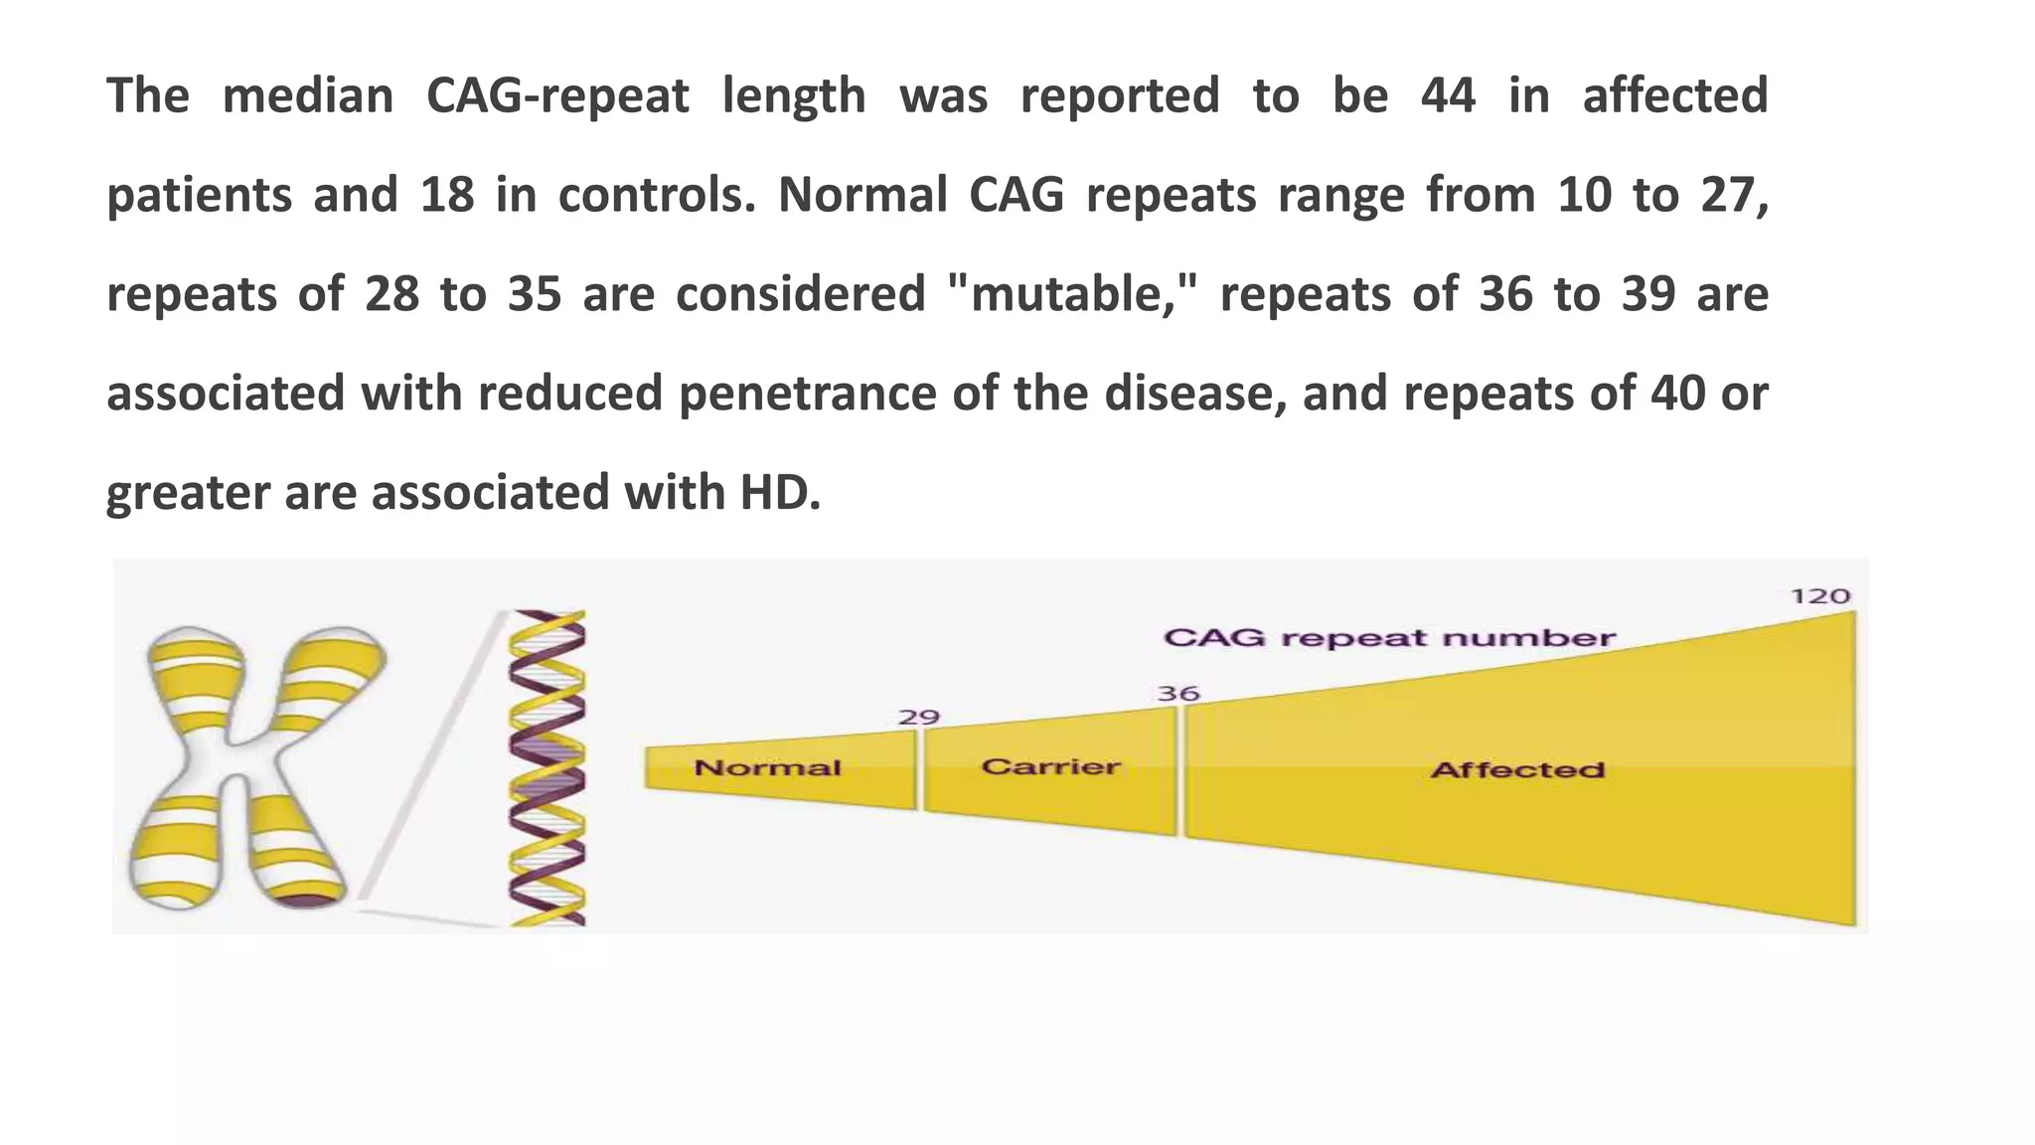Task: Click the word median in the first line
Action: point(307,96)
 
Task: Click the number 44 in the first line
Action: point(1448,96)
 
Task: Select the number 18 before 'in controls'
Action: point(447,195)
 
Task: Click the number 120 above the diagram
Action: point(1819,596)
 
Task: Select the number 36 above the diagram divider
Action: point(1178,694)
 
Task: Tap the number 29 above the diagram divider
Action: point(919,718)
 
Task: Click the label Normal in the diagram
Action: point(767,767)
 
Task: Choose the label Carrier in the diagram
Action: point(1050,766)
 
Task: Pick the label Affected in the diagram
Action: point(1517,769)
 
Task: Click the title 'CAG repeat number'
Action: point(1389,637)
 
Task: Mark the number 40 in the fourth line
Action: point(1677,394)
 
